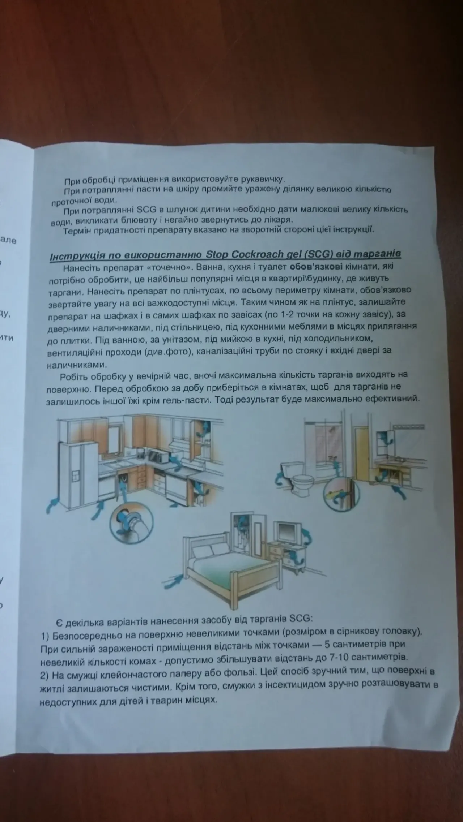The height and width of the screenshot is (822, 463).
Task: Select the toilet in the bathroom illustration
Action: click(300, 477)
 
